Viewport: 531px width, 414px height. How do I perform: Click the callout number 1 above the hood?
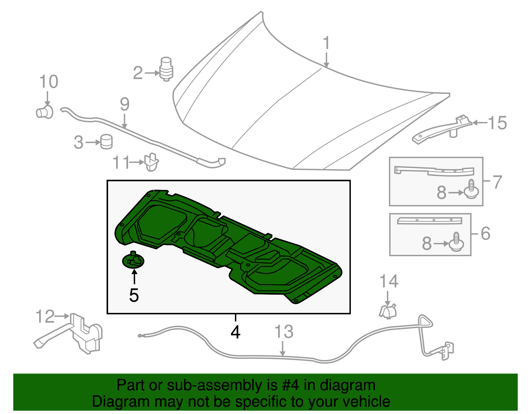[x=327, y=43]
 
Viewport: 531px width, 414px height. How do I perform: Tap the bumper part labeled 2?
[x=167, y=69]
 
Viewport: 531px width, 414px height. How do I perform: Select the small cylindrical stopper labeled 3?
[x=107, y=142]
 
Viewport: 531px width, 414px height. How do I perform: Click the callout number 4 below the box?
[x=235, y=332]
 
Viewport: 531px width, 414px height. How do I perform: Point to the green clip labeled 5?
[x=133, y=260]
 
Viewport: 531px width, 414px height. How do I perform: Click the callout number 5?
[x=134, y=295]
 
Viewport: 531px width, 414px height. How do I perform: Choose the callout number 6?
[x=485, y=234]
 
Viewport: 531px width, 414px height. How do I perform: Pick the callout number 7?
[x=497, y=182]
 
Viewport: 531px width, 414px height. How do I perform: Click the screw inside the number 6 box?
[x=457, y=242]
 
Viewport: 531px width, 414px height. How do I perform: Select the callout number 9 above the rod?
[x=124, y=104]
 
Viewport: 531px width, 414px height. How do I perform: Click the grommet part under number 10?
[x=44, y=112]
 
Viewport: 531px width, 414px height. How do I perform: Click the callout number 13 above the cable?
[x=284, y=332]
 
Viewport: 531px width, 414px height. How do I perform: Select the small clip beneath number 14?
[x=388, y=312]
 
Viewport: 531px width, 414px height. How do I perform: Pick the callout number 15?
[x=497, y=123]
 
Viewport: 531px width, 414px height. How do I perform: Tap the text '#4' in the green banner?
[x=291, y=385]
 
